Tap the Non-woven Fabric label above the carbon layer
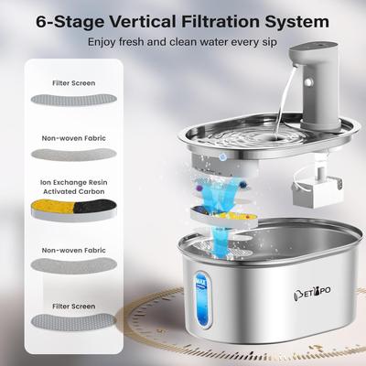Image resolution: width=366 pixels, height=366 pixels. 73,139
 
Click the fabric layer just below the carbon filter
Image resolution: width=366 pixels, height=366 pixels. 73,264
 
